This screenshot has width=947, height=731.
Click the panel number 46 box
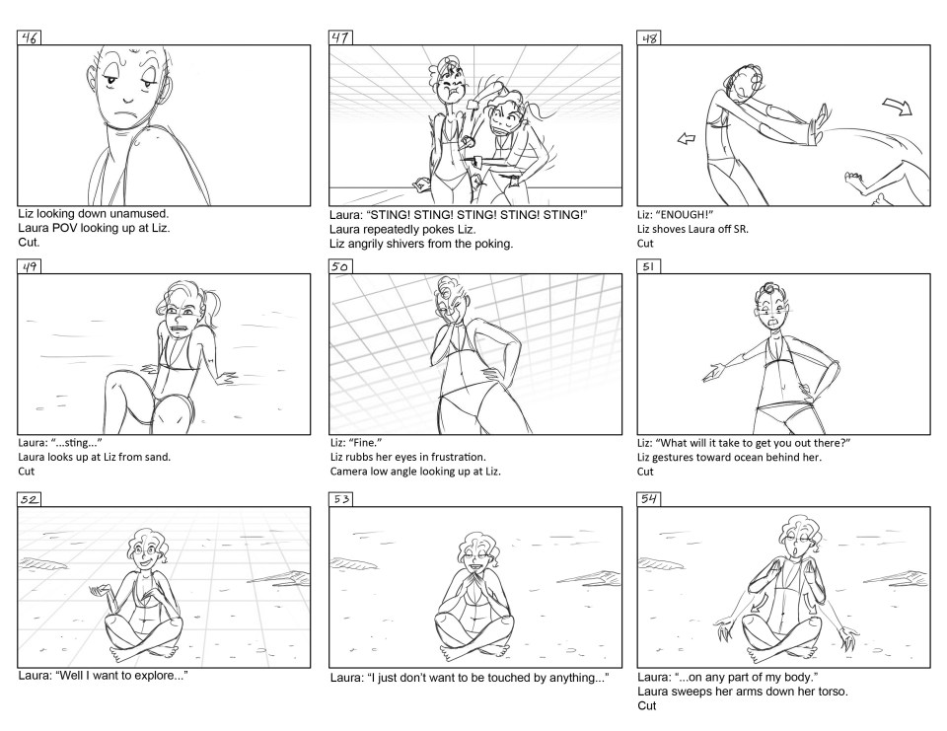click(29, 38)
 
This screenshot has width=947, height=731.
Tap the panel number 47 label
click(340, 37)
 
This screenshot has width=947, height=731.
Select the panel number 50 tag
click(340, 266)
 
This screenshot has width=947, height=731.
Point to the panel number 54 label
click(649, 499)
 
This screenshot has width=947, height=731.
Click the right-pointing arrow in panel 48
click(898, 107)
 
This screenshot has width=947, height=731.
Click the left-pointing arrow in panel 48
click(687, 139)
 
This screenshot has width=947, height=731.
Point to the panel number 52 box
click(29, 499)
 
